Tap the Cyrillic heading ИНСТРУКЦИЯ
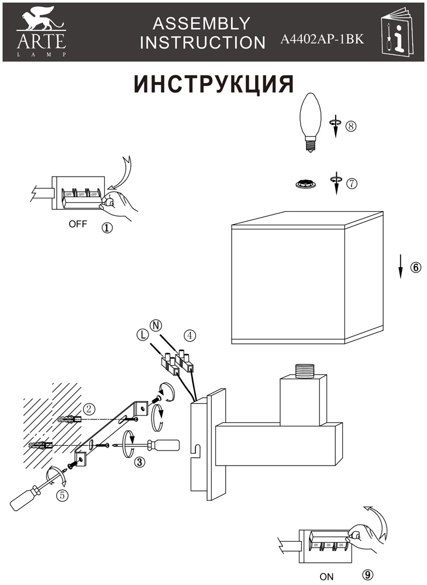(213, 84)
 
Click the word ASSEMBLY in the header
(201, 23)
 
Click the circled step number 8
(350, 125)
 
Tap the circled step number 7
(351, 183)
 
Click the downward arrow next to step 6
(401, 267)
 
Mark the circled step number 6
(415, 267)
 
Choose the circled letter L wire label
(142, 335)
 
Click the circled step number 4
(189, 336)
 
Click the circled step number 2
(89, 409)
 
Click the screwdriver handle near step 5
(25, 498)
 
